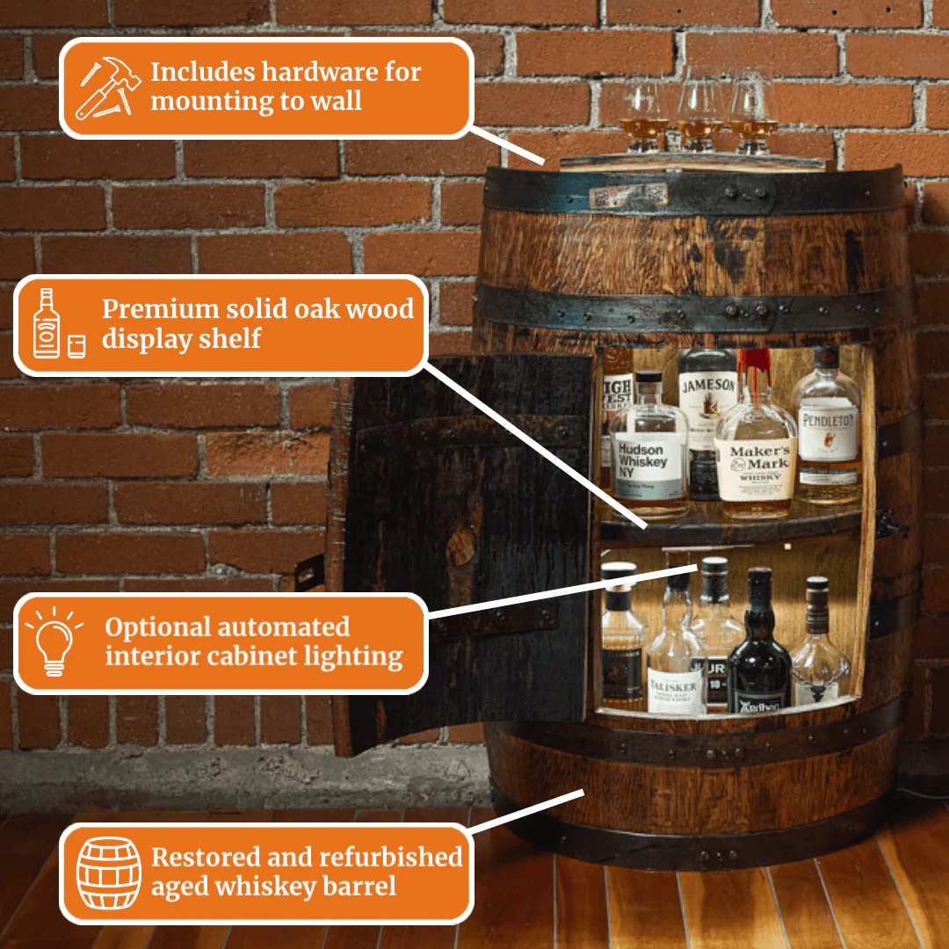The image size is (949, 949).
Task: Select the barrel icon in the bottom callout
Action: click(108, 873)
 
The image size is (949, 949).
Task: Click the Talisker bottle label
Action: click(676, 691)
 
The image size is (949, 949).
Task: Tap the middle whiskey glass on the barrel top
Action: click(699, 110)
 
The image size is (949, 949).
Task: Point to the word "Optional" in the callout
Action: click(157, 627)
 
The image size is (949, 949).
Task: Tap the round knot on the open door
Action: click(461, 548)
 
